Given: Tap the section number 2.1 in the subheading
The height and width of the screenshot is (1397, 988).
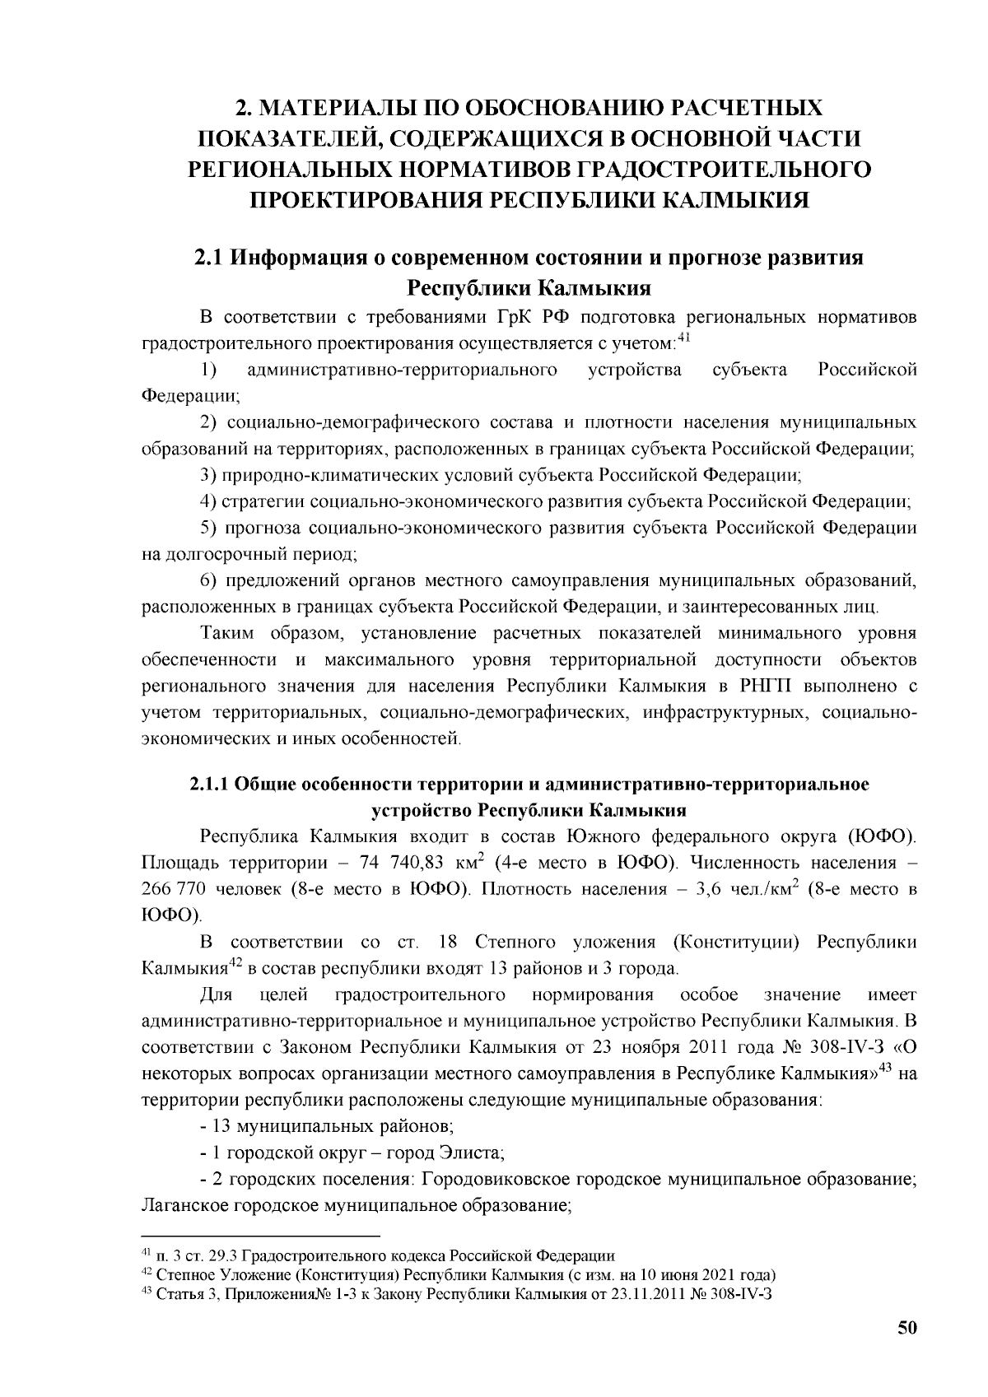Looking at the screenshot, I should click(x=210, y=258).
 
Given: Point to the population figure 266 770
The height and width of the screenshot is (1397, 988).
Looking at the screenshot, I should click(x=175, y=890).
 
